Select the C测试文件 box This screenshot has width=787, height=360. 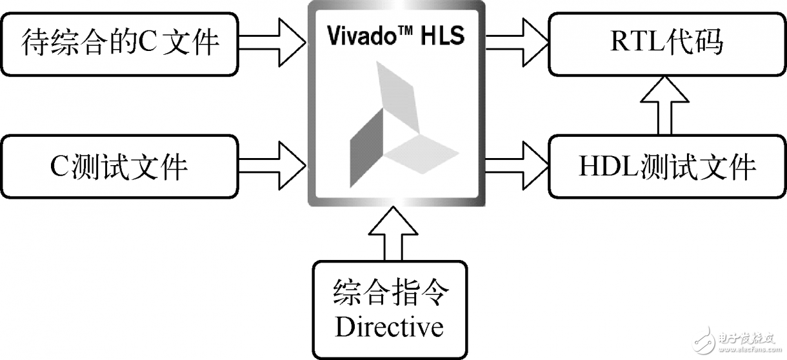(120, 166)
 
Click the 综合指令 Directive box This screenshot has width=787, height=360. (389, 309)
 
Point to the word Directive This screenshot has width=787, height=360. (389, 326)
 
